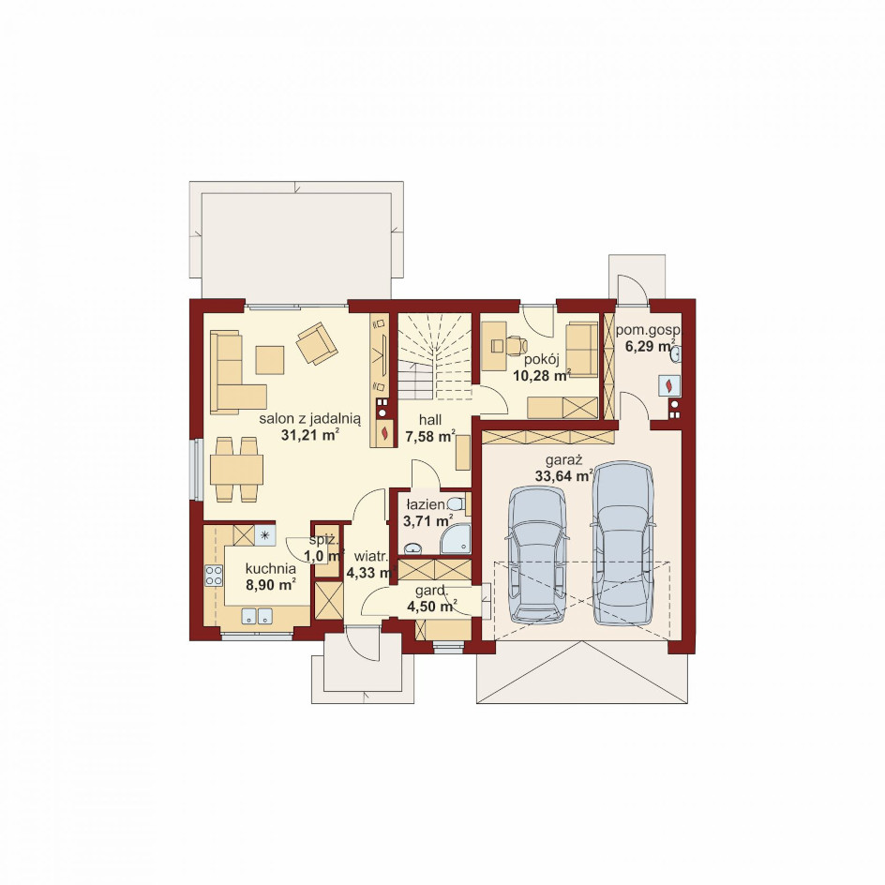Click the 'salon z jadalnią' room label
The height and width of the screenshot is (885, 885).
[x=310, y=419]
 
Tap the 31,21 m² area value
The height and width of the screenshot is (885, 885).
[x=310, y=435]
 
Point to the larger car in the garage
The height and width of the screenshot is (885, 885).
[x=622, y=544]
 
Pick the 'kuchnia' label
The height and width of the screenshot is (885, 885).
[x=271, y=568]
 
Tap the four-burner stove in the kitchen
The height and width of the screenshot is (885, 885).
[x=214, y=576]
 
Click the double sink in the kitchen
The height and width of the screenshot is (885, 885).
[x=257, y=616]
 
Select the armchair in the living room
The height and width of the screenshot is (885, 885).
[x=317, y=343]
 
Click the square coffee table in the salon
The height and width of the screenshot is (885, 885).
[x=270, y=360]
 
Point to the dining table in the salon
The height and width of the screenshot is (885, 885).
[x=236, y=470]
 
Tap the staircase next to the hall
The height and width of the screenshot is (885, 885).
[x=435, y=356]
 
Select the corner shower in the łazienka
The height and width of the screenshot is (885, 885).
[x=456, y=538]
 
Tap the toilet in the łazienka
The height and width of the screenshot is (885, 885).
[x=455, y=503]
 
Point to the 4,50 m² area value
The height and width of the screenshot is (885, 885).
[x=432, y=607]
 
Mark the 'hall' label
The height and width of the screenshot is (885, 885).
[x=430, y=421]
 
